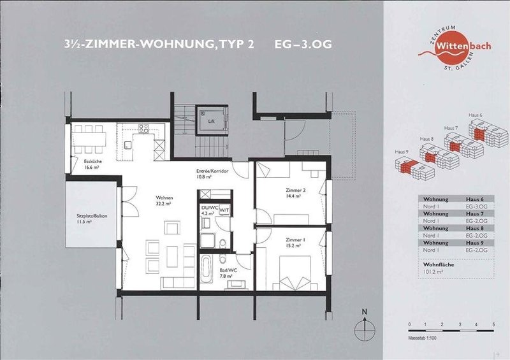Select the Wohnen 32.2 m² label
(148, 202)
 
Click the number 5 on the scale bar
(493, 325)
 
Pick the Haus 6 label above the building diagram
(476, 115)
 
